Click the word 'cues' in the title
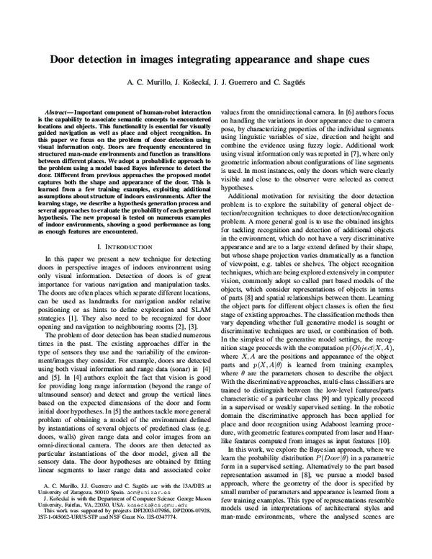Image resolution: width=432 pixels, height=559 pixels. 368,61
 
